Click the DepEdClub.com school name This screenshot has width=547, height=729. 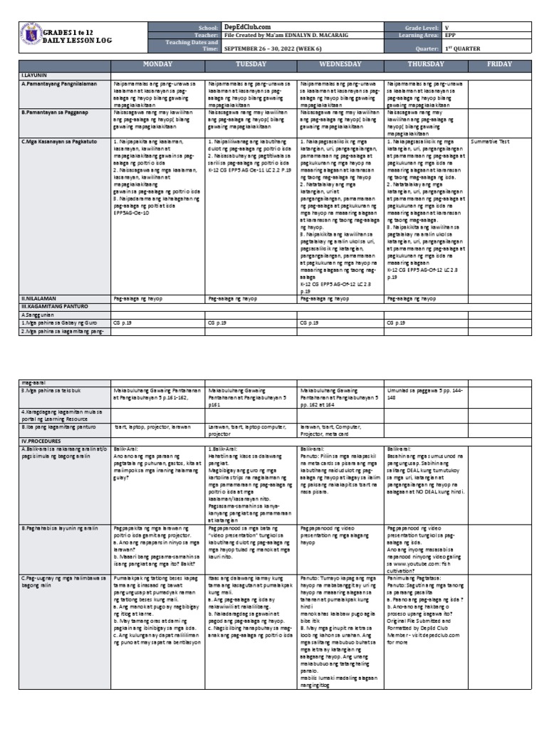pos(246,26)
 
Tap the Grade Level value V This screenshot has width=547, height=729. pos(446,26)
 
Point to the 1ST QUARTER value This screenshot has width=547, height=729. pos(462,49)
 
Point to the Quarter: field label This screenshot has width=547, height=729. pos(427,49)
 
